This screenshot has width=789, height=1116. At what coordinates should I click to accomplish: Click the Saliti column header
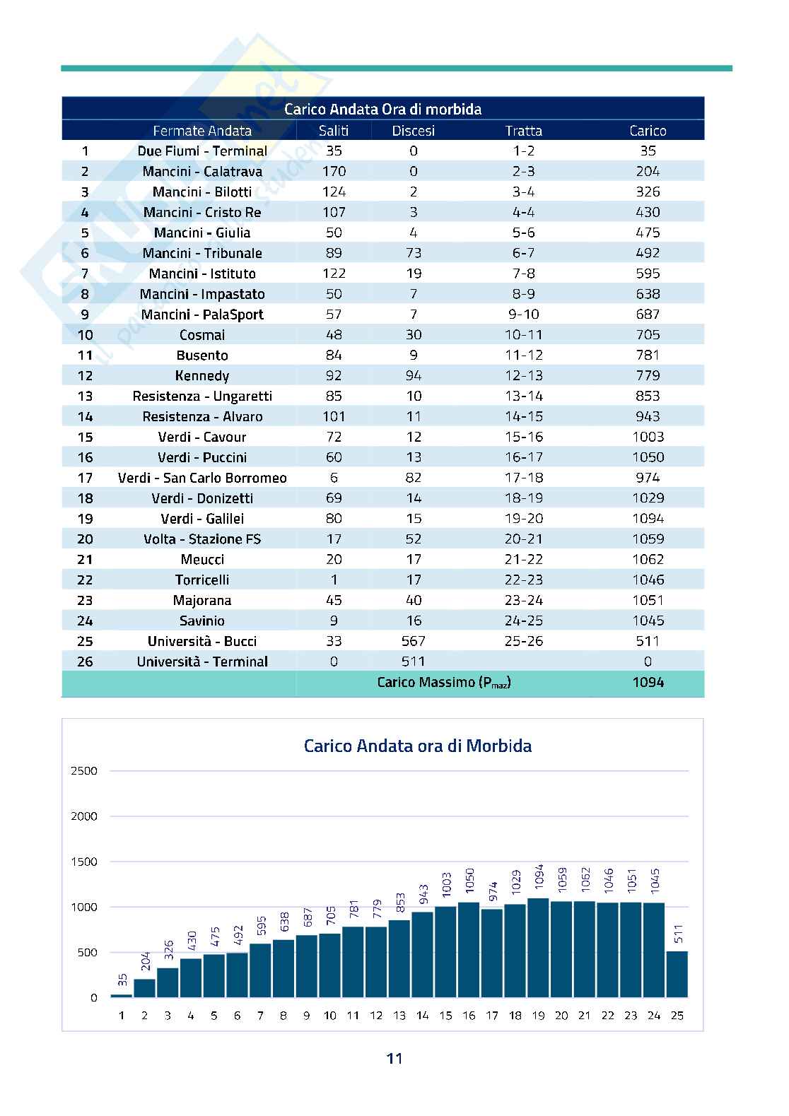[334, 131]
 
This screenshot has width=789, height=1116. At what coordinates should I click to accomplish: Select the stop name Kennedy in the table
[202, 376]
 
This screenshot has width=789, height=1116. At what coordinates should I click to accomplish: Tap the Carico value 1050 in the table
[648, 457]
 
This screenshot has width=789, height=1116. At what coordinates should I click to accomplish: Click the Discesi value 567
[414, 641]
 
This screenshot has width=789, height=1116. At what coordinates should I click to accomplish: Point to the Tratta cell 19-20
[523, 519]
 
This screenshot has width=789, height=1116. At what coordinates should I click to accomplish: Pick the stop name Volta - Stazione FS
[202, 539]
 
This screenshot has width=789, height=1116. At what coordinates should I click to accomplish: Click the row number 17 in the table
[85, 478]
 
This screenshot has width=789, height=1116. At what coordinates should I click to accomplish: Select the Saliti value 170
[334, 172]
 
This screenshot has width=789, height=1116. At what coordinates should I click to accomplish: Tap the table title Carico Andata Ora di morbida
[382, 110]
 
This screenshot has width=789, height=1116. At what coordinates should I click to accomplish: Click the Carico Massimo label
[443, 683]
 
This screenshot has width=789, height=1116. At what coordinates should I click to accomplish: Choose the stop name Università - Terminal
[202, 662]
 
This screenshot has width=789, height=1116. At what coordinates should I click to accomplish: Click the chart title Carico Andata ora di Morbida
[417, 746]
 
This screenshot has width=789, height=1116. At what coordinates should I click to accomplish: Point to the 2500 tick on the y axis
[84, 771]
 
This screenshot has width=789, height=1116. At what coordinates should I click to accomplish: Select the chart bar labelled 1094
[538, 948]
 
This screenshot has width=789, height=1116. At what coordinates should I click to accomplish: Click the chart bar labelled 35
[122, 995]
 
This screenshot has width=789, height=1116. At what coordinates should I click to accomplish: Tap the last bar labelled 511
[677, 974]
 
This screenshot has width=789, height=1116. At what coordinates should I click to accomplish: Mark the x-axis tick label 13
[399, 1016]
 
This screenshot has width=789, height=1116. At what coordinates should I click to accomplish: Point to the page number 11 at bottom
[394, 1058]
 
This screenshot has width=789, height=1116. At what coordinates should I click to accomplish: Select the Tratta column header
[523, 131]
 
